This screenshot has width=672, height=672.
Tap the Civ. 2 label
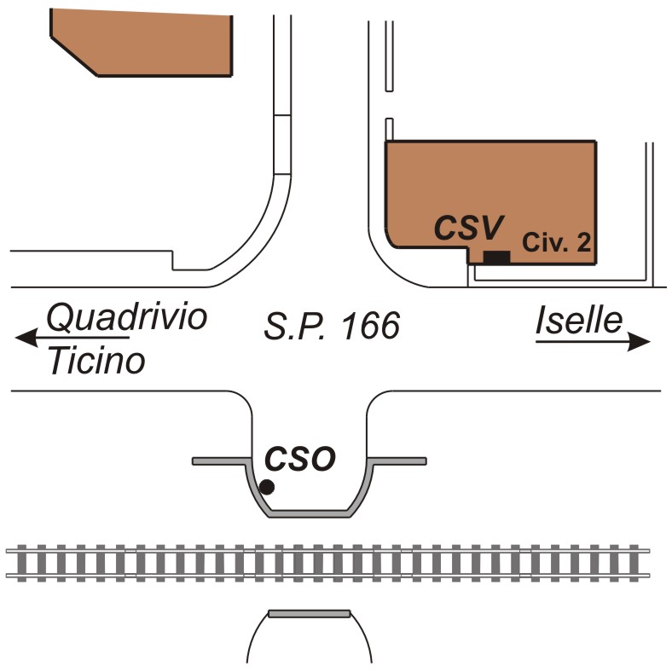coord(557,242)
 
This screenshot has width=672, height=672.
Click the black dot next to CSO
coord(267,487)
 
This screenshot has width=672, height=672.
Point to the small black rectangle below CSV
coord(496,257)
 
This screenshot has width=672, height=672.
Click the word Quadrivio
coord(126,319)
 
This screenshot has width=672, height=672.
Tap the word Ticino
coord(96,362)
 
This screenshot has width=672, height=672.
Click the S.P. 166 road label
coord(332,326)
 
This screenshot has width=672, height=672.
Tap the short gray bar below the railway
coord(309,613)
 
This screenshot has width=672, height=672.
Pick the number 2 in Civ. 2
coord(583,242)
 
